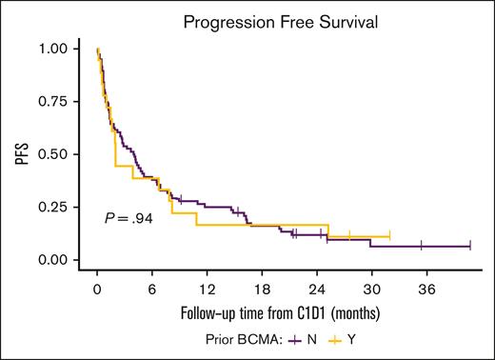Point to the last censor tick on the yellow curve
389,236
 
